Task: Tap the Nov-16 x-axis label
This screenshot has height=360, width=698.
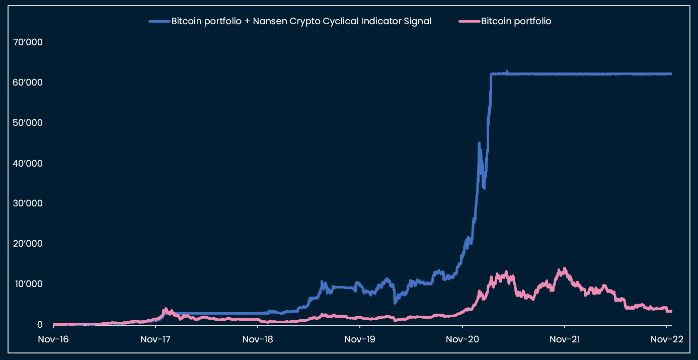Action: tap(53, 339)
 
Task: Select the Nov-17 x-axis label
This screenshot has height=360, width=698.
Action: tap(156, 339)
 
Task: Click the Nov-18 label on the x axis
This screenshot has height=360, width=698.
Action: tap(258, 339)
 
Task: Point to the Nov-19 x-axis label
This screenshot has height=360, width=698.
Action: tap(360, 339)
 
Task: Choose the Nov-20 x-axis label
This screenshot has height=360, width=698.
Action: tap(462, 339)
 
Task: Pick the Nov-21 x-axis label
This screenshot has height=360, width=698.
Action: tap(565, 339)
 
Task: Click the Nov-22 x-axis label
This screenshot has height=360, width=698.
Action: tap(667, 339)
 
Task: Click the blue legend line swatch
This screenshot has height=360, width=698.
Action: tap(159, 21)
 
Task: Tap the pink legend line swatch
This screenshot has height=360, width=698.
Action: tap(469, 21)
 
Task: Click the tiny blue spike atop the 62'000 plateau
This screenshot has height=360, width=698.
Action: tap(507, 71)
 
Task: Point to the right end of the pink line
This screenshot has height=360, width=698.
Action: tap(671, 311)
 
